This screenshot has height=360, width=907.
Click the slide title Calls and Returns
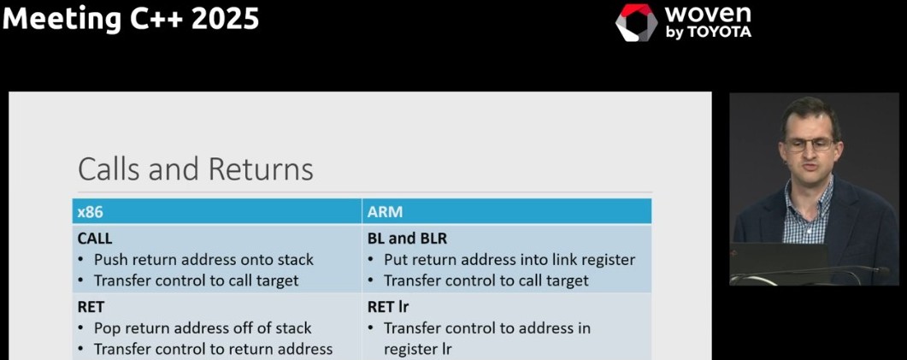click(195, 169)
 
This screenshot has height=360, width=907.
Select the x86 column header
click(89, 211)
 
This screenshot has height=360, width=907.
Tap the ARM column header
click(385, 211)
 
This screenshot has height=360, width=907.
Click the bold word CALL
click(95, 239)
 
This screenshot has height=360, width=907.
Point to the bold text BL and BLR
click(407, 239)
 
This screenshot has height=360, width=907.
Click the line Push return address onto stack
click(203, 259)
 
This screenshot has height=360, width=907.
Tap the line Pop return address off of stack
click(203, 328)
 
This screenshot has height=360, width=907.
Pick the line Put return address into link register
click(509, 259)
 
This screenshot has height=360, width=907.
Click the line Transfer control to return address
click(213, 348)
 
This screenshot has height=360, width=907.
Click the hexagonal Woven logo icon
click(636, 23)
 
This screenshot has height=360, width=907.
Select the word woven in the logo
click(708, 15)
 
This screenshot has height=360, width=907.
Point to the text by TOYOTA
click(708, 32)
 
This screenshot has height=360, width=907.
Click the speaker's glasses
click(808, 145)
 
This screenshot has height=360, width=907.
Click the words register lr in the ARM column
click(418, 348)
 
